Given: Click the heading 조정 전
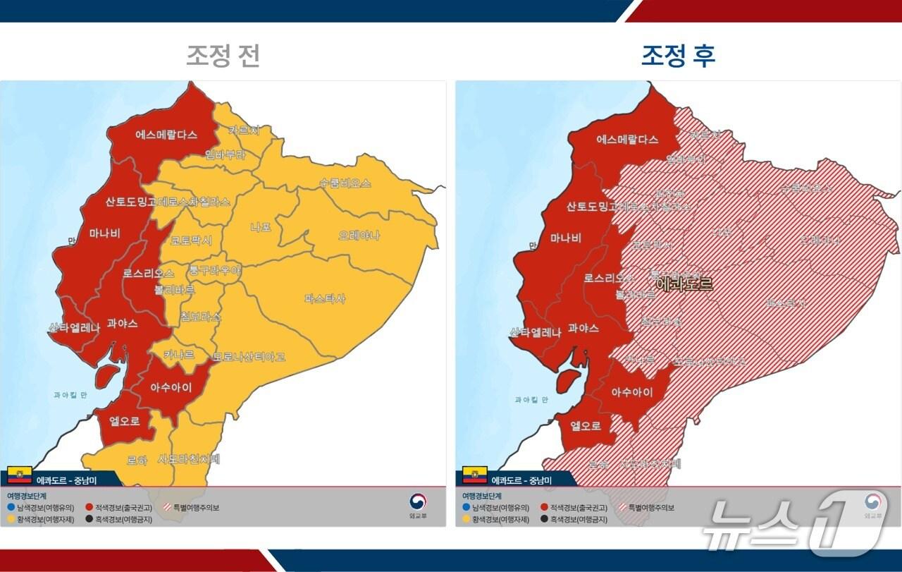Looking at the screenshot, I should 223,56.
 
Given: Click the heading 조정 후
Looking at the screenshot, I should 678,56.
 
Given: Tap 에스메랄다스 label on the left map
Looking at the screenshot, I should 166,134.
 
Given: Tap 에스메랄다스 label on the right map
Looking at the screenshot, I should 627,139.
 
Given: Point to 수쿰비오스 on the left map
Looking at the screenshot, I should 345,183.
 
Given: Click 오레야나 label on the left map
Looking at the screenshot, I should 359,235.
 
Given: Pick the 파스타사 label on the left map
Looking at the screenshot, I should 325,298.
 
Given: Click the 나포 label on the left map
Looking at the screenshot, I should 261,227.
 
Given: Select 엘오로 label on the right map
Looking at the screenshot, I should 586,425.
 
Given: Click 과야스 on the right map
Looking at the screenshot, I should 583,328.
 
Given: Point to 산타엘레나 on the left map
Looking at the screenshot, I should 74,328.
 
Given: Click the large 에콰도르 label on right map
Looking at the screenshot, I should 684,284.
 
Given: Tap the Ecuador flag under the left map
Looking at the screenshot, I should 19,475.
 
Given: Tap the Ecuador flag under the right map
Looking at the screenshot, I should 475,475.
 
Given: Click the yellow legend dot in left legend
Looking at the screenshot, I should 11,520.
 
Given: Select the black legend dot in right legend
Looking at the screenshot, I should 544,520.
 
